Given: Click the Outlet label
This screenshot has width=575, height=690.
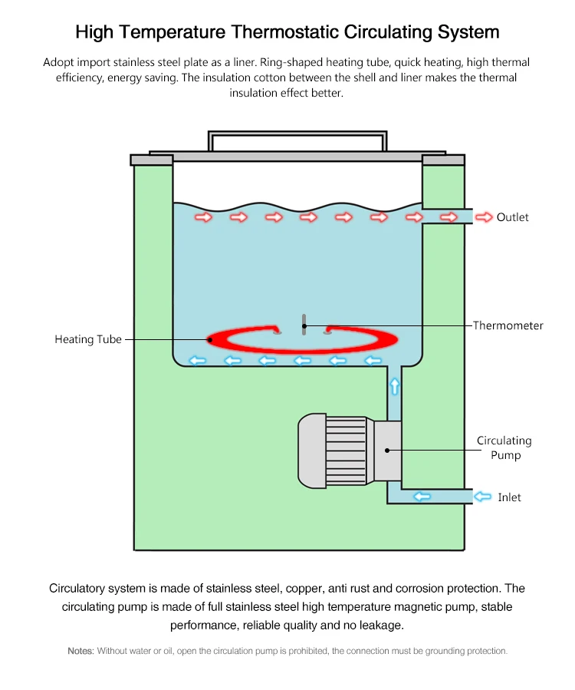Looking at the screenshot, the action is point(512,217).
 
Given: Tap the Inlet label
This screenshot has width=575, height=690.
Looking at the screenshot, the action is point(509,497).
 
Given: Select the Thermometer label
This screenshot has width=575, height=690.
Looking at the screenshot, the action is point(508,325).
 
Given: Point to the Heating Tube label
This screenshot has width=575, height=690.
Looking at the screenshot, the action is point(88,339).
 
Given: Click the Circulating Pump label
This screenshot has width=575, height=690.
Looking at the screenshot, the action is point(504,447).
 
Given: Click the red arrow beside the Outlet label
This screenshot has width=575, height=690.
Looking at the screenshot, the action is point(484,217).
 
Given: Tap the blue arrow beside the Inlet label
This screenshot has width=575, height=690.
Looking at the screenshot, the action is point(482,497).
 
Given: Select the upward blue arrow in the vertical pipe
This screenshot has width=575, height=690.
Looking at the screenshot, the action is point(395,386).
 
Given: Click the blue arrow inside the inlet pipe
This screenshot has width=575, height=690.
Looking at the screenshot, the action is point(422,497).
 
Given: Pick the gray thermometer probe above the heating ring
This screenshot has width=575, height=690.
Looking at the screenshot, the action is point(304,325).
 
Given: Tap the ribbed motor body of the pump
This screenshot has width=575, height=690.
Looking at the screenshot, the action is point(346,451).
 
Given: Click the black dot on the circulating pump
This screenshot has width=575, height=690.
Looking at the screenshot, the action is point(387,451).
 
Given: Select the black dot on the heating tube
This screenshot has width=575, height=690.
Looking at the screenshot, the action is point(210,340).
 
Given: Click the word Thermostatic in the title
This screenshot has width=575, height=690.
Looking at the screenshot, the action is point(285,32).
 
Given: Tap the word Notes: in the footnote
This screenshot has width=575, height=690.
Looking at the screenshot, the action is point(81,651).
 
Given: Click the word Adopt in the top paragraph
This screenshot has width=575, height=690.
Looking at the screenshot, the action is point(55,62).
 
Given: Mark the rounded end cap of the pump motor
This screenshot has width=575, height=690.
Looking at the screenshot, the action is point(312,451).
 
